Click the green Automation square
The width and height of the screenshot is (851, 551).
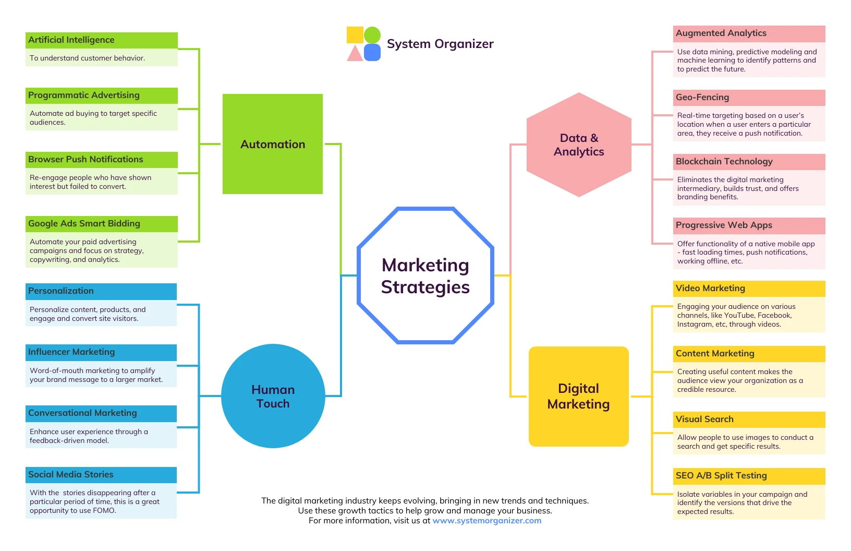(x=272, y=144)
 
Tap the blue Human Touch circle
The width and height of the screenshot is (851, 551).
(x=273, y=396)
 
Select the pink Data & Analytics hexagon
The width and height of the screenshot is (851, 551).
(x=579, y=145)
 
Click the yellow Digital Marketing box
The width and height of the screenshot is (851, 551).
(x=578, y=396)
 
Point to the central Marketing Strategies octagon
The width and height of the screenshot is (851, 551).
(x=425, y=275)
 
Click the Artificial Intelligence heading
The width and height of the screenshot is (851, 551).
(x=71, y=40)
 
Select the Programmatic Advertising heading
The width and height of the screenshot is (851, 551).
(x=84, y=95)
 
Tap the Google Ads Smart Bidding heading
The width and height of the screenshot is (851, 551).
(x=84, y=224)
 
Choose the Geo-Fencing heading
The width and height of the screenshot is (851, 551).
(x=702, y=98)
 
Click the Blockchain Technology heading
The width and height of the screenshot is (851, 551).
(x=724, y=162)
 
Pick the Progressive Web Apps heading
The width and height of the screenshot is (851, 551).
(x=724, y=225)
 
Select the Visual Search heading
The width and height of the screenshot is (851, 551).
(x=704, y=420)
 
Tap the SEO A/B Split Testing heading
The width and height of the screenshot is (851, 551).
(x=721, y=476)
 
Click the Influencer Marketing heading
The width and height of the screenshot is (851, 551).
(x=71, y=352)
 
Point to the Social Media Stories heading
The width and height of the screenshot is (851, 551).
(x=71, y=475)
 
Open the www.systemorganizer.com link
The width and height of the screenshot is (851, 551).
(x=487, y=521)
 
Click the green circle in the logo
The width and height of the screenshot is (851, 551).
(x=372, y=35)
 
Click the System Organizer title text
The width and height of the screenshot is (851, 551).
(x=440, y=44)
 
